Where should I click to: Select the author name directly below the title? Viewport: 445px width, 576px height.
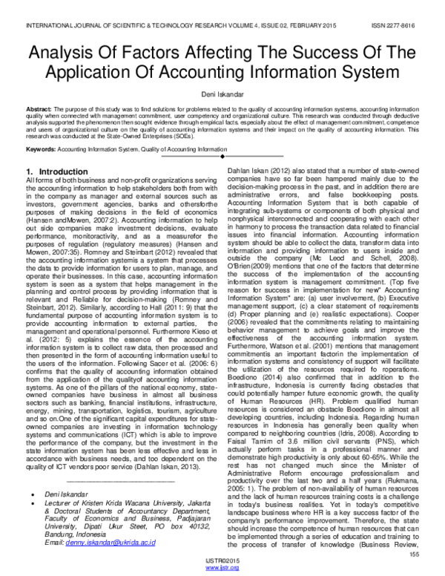click(222, 94)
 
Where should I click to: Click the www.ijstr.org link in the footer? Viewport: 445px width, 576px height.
click(222, 568)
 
